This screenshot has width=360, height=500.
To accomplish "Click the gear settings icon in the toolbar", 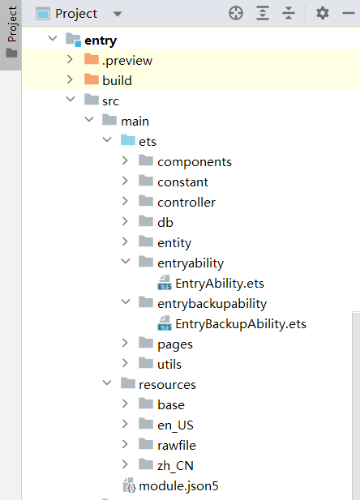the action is click(x=323, y=14).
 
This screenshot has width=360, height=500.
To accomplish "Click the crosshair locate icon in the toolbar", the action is click(x=236, y=14).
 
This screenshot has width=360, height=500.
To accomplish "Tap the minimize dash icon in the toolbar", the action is click(x=348, y=14).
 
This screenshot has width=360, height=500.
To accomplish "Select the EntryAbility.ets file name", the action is click(x=220, y=284).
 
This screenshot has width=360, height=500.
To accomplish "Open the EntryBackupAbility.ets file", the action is click(x=241, y=324).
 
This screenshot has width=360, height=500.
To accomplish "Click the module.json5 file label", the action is click(x=178, y=486).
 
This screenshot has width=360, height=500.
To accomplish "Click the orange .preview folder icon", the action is click(x=92, y=59).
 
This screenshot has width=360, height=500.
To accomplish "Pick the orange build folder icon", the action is click(x=92, y=79).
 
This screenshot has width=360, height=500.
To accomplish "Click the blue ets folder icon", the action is click(x=128, y=140).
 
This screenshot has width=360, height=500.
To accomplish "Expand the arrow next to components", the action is click(x=125, y=160).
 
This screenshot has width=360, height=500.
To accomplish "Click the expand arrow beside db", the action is click(x=125, y=221).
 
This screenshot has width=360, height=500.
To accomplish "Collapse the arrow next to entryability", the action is click(x=126, y=262).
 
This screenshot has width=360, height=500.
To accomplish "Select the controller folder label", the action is click(x=186, y=203).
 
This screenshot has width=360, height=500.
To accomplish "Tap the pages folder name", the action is click(x=175, y=344).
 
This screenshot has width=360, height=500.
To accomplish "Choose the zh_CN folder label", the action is click(x=175, y=466).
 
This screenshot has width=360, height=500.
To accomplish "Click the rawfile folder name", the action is click(x=177, y=446).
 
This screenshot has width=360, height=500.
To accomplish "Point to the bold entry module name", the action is click(x=101, y=41).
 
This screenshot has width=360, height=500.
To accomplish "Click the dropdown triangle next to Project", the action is click(x=118, y=14).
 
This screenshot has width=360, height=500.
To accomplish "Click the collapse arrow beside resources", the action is click(x=107, y=382).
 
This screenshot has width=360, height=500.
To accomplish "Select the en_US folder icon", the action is click(x=146, y=424).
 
